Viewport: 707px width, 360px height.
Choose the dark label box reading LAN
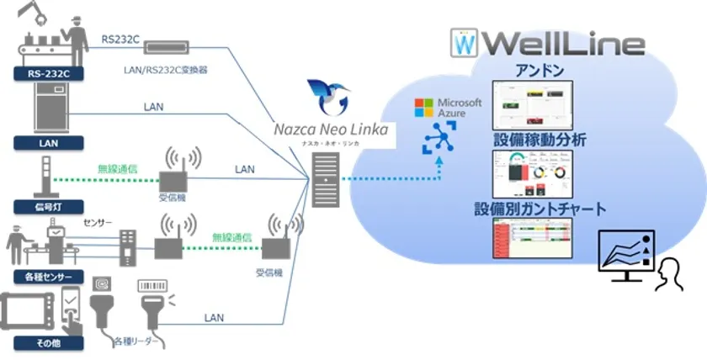[x=47, y=143]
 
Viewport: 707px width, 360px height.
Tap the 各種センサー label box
[x=49, y=277]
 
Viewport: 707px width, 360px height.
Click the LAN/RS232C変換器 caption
[x=172, y=70]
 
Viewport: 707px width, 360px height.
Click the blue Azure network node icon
[x=440, y=138]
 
